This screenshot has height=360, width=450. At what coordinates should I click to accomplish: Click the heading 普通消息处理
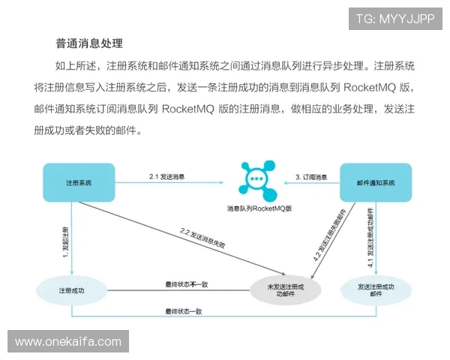pyautogui.click(x=89, y=43)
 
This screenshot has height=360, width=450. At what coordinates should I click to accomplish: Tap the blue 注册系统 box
pyautogui.click(x=78, y=183)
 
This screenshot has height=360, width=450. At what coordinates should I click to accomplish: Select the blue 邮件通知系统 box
pyautogui.click(x=376, y=183)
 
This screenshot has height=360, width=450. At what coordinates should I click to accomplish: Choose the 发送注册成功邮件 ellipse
pyautogui.click(x=376, y=290)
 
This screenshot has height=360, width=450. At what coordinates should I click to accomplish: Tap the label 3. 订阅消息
pyautogui.click(x=310, y=176)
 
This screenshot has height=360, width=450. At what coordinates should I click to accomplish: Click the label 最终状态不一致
pyautogui.click(x=185, y=284)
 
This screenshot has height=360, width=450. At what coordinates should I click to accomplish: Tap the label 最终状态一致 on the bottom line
pyautogui.click(x=183, y=310)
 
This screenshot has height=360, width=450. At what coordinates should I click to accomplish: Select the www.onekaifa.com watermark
pyautogui.click(x=67, y=342)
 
